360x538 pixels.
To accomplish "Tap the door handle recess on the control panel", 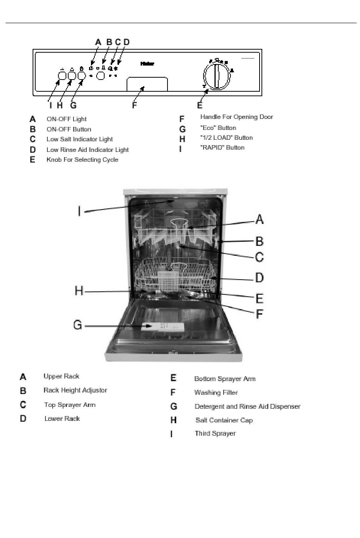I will tap(147, 84).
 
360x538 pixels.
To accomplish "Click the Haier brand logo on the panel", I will tap(147, 64).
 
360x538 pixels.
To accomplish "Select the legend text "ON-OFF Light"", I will tap(66, 119).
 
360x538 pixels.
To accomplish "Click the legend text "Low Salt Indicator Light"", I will tap(80, 139).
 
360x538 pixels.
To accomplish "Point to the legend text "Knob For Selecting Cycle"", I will tap(82, 160).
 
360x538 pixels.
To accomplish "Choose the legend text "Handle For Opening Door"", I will tap(236, 117).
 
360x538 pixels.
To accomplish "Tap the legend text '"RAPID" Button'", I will tap(222, 147).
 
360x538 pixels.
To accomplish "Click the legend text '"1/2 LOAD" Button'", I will tap(226, 138).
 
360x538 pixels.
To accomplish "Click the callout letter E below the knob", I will tap(200, 105).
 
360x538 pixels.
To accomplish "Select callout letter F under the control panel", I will tap(135, 105).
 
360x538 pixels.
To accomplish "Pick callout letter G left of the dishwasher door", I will tap(78, 325).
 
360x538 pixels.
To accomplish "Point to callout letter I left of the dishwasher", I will tap(79, 211).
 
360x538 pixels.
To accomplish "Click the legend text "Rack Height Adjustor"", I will tap(75, 390).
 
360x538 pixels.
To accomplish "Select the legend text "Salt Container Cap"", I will tap(224, 420).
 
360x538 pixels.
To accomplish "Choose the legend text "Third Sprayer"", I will tap(215, 433).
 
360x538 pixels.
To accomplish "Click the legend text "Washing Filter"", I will tap(216, 393).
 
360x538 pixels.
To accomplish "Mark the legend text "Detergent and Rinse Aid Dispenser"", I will tap(247, 407).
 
